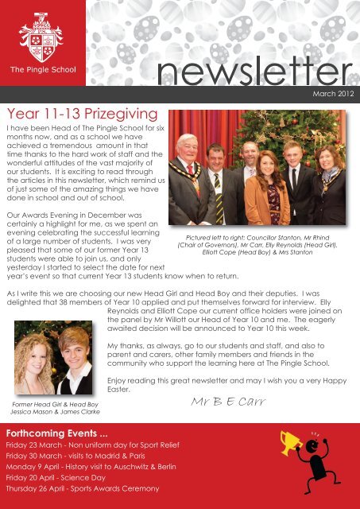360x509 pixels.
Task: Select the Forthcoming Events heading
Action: click(59, 431)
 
